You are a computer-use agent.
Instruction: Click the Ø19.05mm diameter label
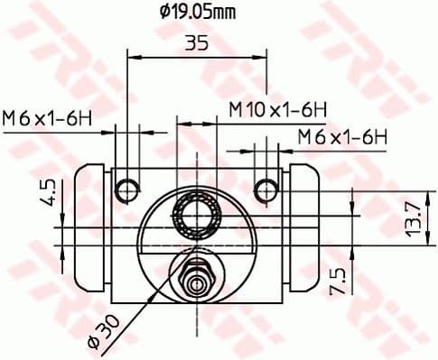coord(198,12)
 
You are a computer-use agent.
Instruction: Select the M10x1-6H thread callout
coord(276,109)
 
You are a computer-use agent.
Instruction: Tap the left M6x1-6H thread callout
coord(49,117)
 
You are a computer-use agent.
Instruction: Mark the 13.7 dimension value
coord(411,218)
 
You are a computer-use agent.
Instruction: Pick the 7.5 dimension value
coord(337,280)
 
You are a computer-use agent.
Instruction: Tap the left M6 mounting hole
coord(129,189)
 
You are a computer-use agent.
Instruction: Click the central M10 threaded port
coord(196,215)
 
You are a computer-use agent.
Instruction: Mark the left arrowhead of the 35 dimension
coord(131,56)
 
